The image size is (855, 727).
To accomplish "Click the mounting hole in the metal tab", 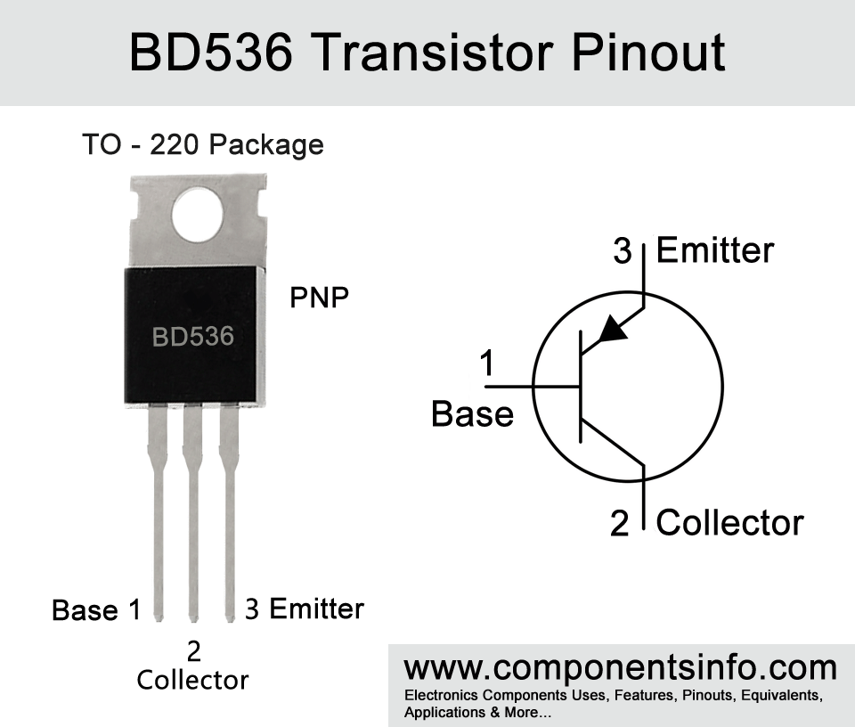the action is coord(198,215).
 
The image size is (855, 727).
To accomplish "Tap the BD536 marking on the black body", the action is coord(193,337).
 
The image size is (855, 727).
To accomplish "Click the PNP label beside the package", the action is coord(319,298).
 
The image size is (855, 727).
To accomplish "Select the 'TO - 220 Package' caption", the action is coord(203,144).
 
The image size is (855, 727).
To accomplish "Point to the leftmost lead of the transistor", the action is coord(158,512).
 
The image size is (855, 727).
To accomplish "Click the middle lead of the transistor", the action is coord(192,512).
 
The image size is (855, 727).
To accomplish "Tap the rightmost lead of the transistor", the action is coord(229,512).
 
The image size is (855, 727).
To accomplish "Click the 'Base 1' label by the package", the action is coord(96,609).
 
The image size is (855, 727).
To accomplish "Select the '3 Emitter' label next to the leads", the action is coord(305,609).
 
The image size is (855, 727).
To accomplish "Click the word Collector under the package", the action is coord(192,680).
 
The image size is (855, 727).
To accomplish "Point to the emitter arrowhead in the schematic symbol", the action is coord(612,329).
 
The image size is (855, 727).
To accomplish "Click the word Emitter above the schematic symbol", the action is coord(715,250).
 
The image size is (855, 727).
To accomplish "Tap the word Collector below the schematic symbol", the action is coord(729,522).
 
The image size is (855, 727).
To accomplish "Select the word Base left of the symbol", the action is coord(472,414).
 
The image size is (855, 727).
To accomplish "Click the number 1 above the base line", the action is coord(487,363).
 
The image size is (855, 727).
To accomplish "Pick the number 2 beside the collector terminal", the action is coord(620,524).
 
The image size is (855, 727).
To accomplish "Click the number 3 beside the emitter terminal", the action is coord(623,251).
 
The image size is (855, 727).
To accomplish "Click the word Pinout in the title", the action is coord(648,53).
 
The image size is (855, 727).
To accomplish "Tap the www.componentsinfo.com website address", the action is coord(621,668).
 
